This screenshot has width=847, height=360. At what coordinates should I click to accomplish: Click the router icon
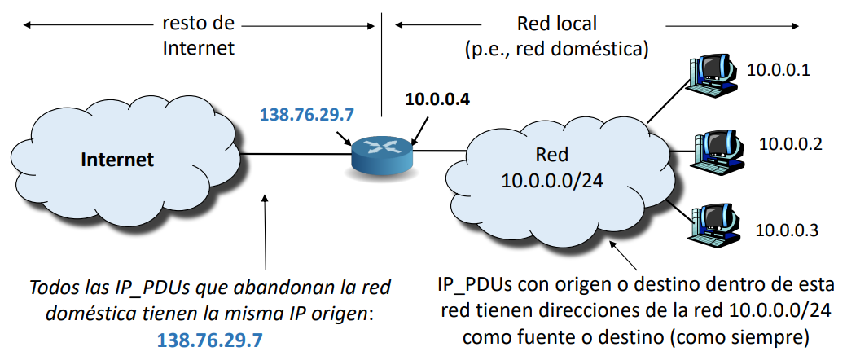pos(382,154)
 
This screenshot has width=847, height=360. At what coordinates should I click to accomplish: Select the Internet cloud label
pos(117,160)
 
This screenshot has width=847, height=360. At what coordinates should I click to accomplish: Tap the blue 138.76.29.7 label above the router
pos(306,115)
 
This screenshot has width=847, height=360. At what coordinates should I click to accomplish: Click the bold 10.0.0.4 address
pos(438,101)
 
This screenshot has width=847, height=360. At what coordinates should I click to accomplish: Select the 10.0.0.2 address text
pos(790,144)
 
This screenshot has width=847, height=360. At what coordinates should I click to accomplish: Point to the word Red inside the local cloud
pos(551,155)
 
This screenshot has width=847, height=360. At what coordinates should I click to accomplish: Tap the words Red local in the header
pos(556,24)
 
